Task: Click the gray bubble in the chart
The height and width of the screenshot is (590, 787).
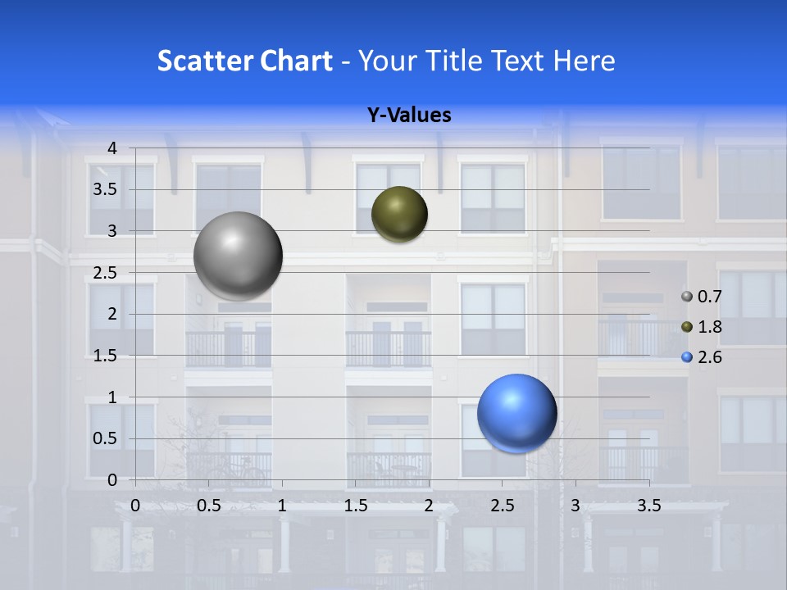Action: click(238, 256)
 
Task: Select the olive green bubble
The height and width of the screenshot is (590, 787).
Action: click(399, 214)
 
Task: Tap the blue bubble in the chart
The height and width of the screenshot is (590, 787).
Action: click(516, 413)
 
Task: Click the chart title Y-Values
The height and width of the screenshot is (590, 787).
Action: click(409, 116)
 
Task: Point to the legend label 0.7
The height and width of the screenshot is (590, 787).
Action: click(709, 297)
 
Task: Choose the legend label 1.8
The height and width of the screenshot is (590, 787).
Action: click(709, 327)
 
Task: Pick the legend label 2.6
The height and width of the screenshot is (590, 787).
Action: click(709, 357)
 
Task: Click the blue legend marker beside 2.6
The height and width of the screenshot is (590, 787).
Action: click(687, 357)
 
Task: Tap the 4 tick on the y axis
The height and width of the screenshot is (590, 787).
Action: click(112, 148)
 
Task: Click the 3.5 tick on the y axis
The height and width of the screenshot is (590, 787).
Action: click(104, 189)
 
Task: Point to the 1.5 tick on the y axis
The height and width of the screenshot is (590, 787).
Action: click(104, 356)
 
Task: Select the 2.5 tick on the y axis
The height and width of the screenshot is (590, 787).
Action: click(104, 272)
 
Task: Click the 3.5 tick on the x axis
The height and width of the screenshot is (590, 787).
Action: click(649, 506)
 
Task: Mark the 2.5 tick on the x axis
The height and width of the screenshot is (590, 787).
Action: click(502, 506)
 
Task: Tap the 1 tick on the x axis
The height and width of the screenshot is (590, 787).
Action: click(282, 506)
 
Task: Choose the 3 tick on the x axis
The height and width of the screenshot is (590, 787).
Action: click(575, 506)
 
